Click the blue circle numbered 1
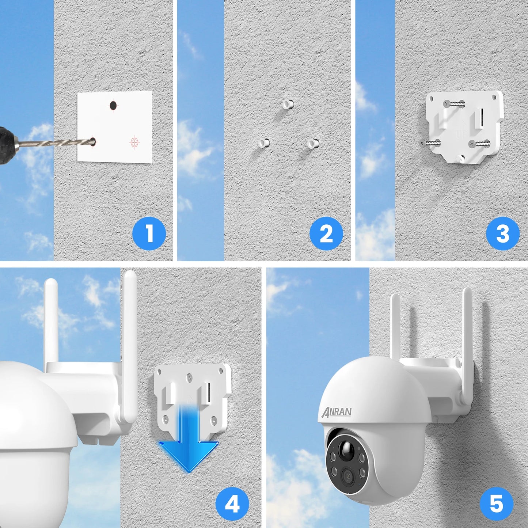[149, 233]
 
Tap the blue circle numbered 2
[326, 233]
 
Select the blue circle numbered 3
[503, 233]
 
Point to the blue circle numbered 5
[497, 504]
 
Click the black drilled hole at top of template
[113, 106]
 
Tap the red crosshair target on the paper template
[135, 142]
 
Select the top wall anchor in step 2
[288, 105]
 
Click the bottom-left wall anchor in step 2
[264, 143]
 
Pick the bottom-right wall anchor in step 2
[313, 143]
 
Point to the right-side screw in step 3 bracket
[480, 144]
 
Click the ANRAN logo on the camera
[337, 412]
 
